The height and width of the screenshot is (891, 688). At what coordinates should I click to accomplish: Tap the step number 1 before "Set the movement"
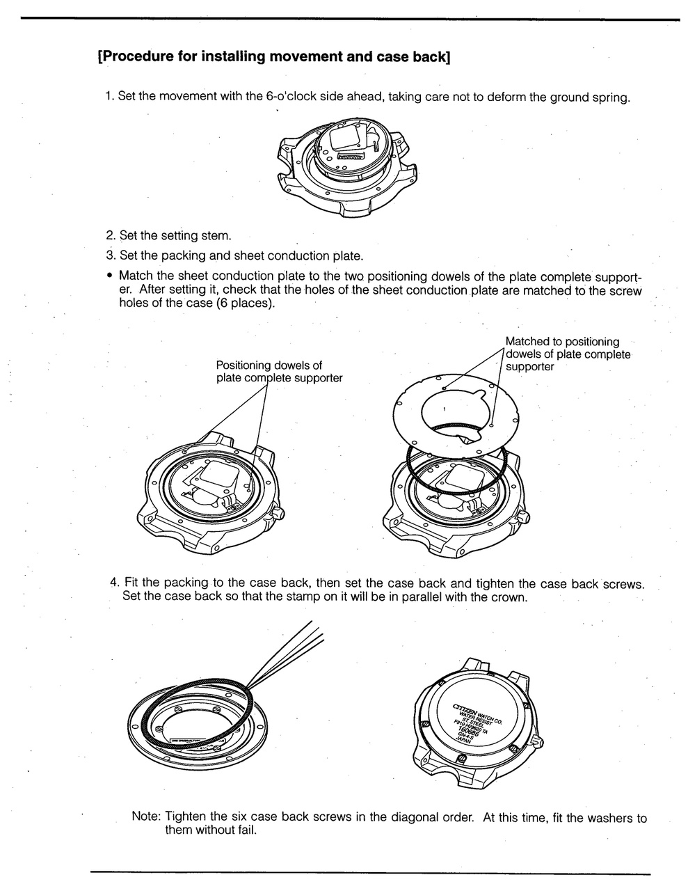coord(109,95)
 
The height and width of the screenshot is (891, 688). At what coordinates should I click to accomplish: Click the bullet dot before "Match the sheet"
coord(110,276)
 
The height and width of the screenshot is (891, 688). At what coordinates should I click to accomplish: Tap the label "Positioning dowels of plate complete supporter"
coord(279,371)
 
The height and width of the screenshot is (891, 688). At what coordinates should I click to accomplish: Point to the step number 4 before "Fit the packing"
coord(114,583)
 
